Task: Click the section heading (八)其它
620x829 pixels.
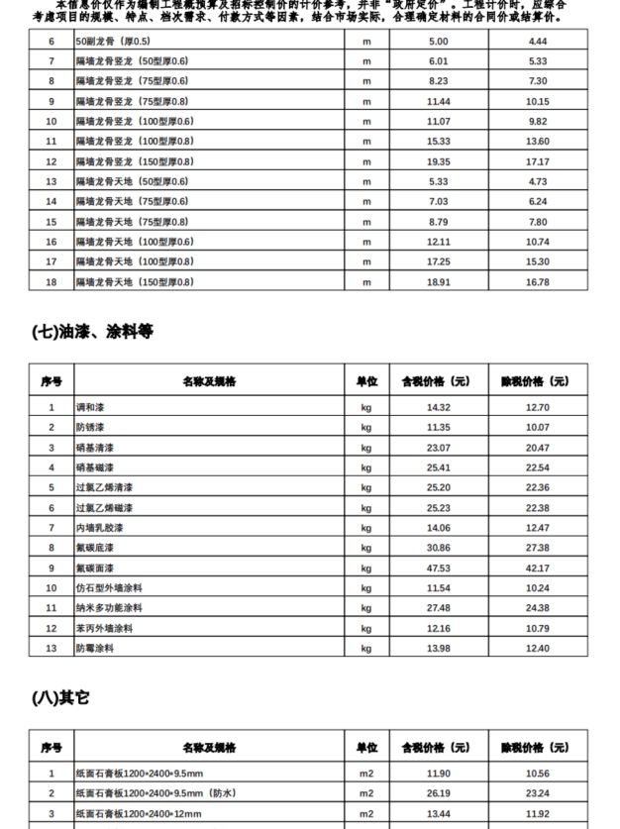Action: click(x=61, y=698)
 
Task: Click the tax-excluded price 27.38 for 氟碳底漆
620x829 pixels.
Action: click(x=538, y=548)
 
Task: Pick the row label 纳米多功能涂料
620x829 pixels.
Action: click(x=109, y=608)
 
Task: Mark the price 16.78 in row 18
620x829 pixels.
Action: click(x=538, y=281)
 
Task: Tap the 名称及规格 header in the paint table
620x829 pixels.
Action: click(x=209, y=381)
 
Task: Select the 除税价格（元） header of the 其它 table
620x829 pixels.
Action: click(x=538, y=748)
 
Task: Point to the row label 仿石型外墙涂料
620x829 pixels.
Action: click(x=109, y=588)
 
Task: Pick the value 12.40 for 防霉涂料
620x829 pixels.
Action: click(x=538, y=648)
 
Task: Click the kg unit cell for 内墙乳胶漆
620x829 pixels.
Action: click(x=366, y=528)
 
